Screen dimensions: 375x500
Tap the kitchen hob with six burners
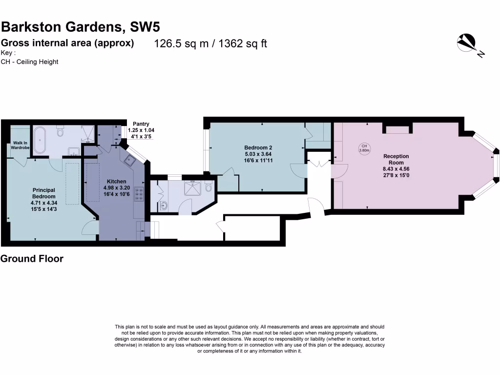pos(139,194)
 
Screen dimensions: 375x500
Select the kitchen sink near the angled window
pos(130,160)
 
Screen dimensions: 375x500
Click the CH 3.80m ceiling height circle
pos(364,148)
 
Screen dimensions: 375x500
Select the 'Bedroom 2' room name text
pos(258,147)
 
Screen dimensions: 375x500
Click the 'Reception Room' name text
pos(396,159)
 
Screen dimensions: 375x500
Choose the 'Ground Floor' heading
pos(32,259)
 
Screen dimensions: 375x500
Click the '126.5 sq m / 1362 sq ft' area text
pos(210,43)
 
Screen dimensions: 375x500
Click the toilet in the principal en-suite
pos(60,132)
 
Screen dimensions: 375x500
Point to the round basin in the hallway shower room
pos(164,206)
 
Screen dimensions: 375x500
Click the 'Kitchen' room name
pos(116,181)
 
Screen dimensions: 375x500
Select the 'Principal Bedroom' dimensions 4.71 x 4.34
pos(44,203)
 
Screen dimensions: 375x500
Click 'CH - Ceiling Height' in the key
pos(29,62)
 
